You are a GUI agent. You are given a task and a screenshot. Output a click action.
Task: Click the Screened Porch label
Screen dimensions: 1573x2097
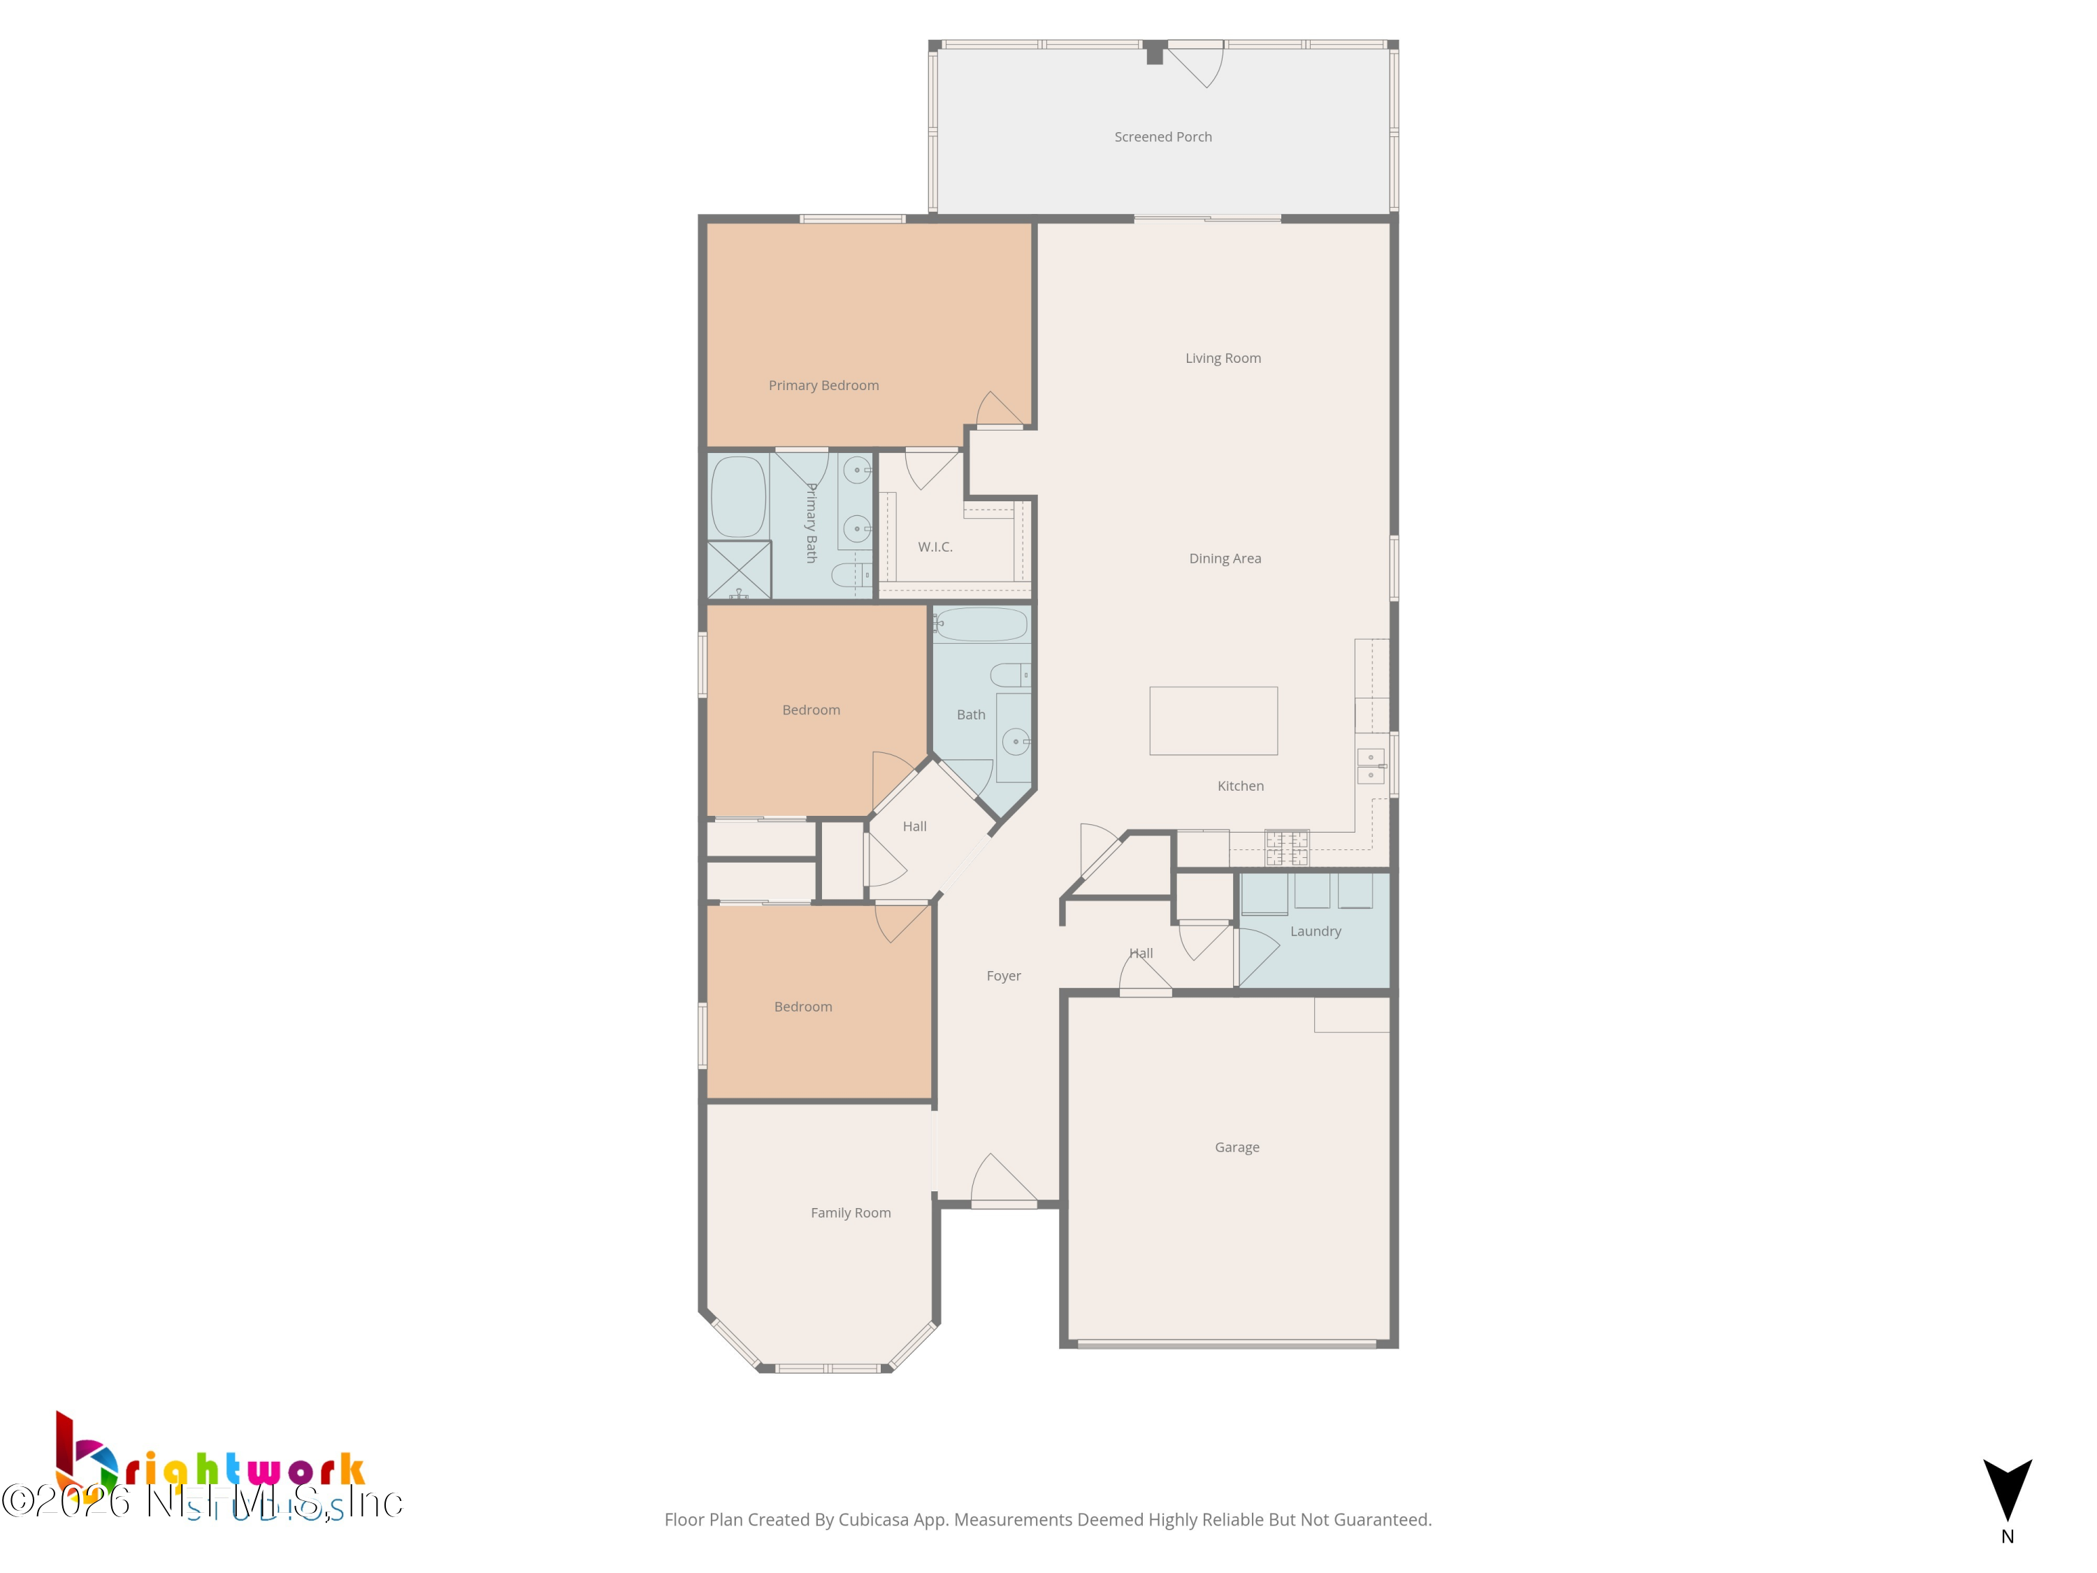1162,136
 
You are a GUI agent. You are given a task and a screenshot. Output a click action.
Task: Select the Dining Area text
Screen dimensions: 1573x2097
1225,559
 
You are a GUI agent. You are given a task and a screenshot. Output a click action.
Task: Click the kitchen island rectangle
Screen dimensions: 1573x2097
1213,721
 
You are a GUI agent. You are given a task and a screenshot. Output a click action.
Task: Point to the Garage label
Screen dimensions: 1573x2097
1237,1147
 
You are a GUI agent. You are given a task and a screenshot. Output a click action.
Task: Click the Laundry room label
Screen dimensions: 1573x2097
1315,931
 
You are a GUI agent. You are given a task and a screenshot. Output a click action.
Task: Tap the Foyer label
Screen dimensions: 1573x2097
1003,976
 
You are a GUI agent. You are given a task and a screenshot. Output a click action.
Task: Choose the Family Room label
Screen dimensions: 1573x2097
851,1213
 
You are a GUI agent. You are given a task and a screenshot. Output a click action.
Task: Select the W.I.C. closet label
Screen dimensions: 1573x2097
935,547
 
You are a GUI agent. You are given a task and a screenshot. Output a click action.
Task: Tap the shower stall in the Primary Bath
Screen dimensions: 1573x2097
739,570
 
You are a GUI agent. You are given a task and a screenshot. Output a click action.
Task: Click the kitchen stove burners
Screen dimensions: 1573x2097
1286,847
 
